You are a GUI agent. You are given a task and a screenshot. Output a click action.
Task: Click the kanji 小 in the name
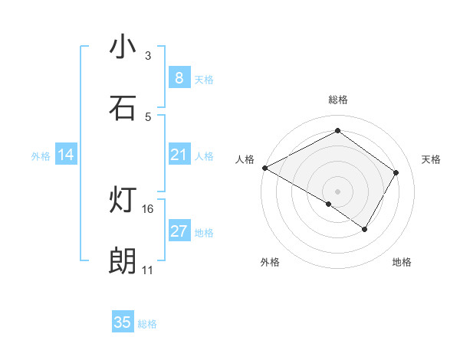123,47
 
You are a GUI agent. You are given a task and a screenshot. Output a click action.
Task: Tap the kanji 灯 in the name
123,201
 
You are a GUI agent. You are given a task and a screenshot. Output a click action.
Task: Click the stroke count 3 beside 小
148,56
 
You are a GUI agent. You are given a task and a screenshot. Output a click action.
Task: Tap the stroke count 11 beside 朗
148,270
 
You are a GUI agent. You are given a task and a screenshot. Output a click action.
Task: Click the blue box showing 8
179,78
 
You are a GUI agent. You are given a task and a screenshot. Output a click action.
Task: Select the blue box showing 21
179,155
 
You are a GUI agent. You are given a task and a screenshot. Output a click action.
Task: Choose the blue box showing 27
179,231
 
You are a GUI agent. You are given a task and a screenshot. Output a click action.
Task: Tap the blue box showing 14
66,155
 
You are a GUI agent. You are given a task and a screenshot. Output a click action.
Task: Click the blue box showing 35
123,322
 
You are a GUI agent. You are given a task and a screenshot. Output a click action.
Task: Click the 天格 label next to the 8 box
204,80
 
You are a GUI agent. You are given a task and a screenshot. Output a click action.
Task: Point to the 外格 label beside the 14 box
41,156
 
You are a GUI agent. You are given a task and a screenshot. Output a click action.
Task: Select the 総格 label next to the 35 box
147,324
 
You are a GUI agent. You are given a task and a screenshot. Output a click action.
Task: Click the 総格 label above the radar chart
337,100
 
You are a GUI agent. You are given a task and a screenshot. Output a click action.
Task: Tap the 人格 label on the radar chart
245,159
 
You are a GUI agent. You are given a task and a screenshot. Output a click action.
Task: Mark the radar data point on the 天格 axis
396,172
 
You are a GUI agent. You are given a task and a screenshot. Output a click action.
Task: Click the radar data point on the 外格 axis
329,204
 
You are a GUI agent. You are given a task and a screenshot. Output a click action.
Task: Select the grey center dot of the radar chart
337,191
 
